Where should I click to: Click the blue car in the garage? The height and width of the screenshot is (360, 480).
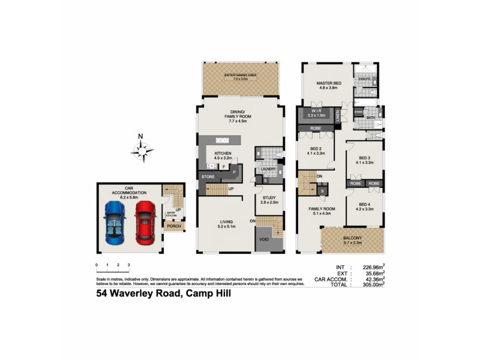coord(115,220)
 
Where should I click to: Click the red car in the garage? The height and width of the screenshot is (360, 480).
coord(145,221)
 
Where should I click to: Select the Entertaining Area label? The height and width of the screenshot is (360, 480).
coord(241,76)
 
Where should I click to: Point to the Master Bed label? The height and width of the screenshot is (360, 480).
coord(329,83)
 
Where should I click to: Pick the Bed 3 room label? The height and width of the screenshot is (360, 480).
coord(364,158)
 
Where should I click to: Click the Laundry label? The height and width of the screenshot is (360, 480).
coord(268,169)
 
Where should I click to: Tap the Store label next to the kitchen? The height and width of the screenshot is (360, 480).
coord(208,176)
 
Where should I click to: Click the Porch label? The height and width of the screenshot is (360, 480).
coord(174,226)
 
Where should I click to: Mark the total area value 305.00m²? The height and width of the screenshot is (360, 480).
coord(371,285)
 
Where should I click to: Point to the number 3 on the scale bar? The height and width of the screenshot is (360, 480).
coord(129,265)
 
